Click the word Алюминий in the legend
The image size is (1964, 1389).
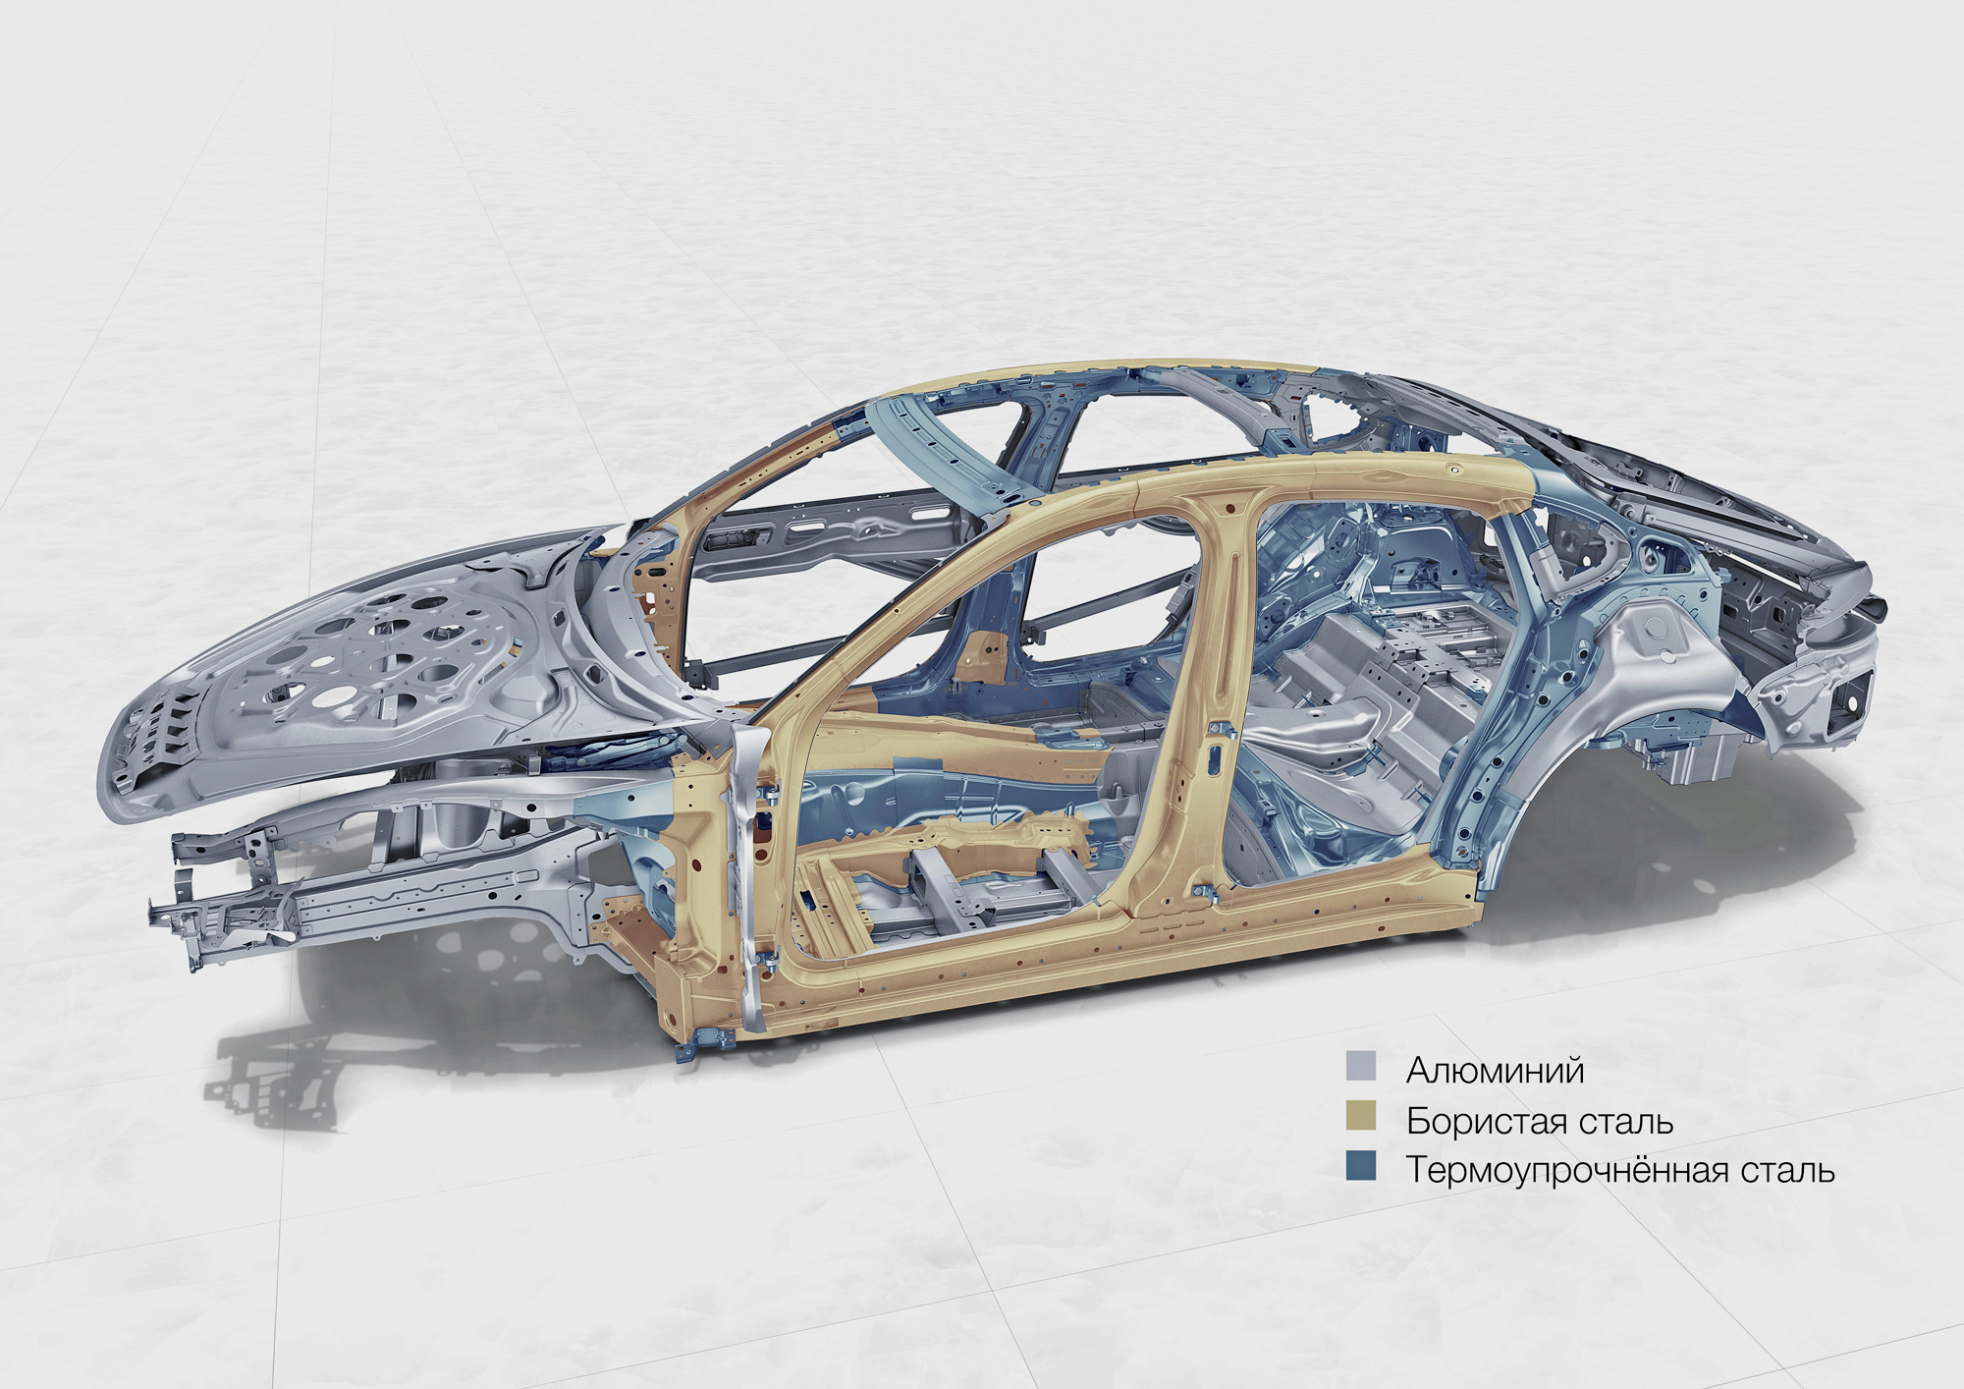(x=1495, y=1070)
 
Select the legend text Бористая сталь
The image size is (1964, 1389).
(x=1540, y=1121)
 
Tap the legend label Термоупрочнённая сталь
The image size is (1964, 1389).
(x=1620, y=1171)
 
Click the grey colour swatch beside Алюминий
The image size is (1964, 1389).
(x=1361, y=1067)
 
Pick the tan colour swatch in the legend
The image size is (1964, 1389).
(x=1361, y=1117)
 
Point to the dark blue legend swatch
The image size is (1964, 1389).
(x=1361, y=1167)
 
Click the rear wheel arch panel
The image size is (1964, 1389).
(x=1610, y=688)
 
